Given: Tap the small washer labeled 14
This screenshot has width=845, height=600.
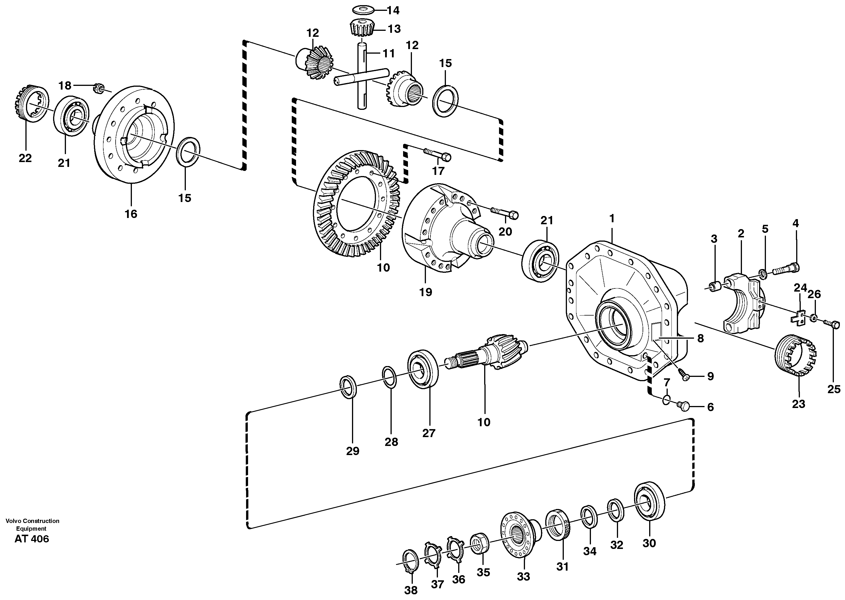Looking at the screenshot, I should tap(361, 9).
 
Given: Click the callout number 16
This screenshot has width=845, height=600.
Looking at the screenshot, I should tap(131, 214).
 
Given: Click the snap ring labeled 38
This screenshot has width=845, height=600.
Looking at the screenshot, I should tap(410, 562).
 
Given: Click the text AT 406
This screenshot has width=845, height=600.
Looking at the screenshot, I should tap(31, 539).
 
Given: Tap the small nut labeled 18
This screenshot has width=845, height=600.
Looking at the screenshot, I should tap(98, 89).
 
